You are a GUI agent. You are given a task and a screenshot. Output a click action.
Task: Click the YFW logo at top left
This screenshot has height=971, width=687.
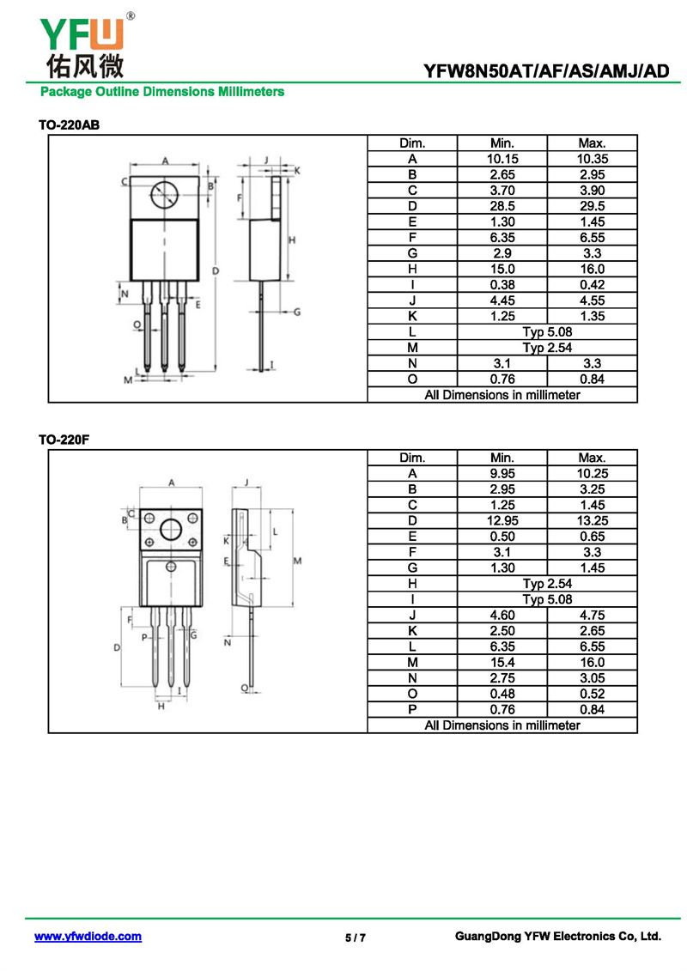tap(83, 33)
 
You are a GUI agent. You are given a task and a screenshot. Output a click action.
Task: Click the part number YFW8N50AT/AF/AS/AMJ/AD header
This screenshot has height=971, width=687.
tap(546, 71)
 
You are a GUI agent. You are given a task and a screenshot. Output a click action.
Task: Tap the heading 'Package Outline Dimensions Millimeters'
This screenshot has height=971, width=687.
tap(161, 91)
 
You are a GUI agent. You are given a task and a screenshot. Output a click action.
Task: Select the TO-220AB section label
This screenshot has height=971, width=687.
tap(69, 125)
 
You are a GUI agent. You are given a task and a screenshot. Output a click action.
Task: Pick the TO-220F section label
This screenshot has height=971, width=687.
tap(64, 440)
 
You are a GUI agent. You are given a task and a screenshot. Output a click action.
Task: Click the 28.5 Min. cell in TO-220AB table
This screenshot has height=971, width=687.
tap(502, 206)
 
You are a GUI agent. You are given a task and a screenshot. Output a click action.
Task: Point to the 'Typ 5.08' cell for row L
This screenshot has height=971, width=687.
tap(547, 331)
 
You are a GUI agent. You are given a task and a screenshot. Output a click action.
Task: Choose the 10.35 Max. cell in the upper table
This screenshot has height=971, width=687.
tap(592, 159)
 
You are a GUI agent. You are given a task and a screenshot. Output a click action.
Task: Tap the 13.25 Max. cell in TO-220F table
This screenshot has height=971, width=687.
tap(592, 520)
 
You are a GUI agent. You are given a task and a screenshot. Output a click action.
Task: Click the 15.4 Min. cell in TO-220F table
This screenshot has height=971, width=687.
tap(502, 662)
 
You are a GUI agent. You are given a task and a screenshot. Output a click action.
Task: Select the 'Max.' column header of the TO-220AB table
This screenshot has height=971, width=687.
tap(592, 143)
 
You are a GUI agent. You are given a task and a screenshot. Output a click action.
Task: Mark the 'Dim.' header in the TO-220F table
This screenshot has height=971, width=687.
tap(412, 458)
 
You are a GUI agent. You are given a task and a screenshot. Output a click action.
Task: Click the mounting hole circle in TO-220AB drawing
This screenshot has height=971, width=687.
tap(164, 196)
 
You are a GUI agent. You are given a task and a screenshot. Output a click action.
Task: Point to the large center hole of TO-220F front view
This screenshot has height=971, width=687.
tap(172, 527)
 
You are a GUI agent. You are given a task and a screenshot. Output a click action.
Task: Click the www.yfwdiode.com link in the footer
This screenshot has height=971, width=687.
tap(88, 937)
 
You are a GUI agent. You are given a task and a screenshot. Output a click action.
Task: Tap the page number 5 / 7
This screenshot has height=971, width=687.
tap(356, 938)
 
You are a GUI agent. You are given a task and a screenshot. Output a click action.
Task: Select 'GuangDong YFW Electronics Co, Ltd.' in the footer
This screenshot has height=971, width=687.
tap(557, 937)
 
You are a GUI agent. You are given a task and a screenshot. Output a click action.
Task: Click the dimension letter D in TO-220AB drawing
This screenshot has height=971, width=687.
tap(216, 271)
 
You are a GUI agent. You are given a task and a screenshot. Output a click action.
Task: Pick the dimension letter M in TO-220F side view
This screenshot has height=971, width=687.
tap(297, 561)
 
